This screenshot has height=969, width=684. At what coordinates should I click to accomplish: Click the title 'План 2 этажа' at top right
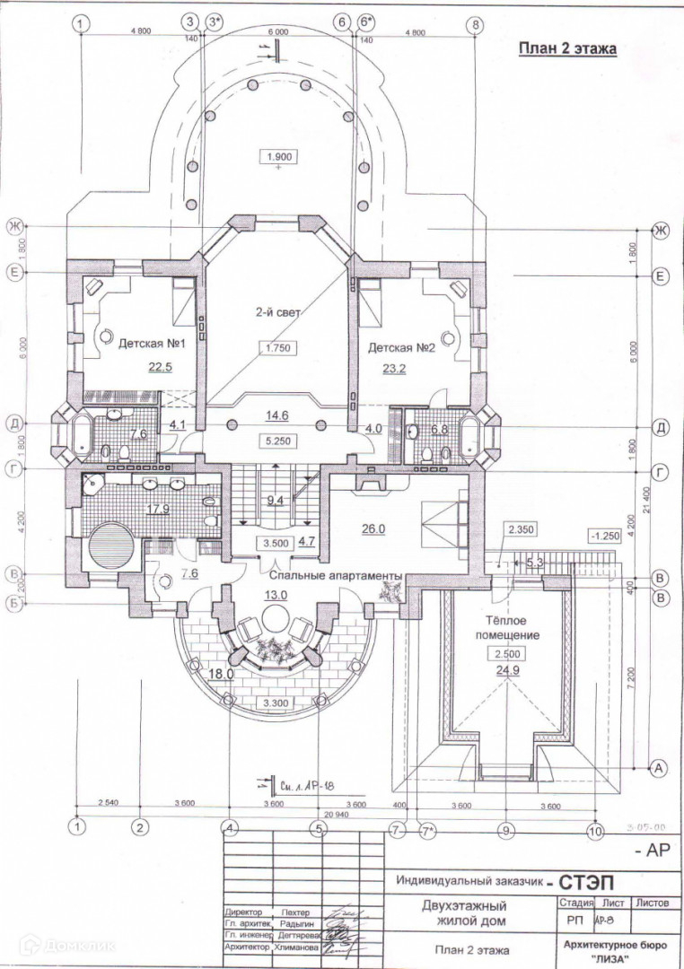coord(567,49)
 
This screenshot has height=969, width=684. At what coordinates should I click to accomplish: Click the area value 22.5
coord(161,366)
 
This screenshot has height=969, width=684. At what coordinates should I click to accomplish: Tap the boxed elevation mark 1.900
coord(278,157)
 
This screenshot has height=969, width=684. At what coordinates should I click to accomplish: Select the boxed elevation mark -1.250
coord(606,537)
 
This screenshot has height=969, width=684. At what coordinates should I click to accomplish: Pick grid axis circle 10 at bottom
coord(593,830)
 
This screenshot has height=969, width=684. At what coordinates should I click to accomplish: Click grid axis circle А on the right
coord(660,768)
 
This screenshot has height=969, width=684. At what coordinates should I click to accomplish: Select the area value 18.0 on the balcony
coord(221,674)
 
